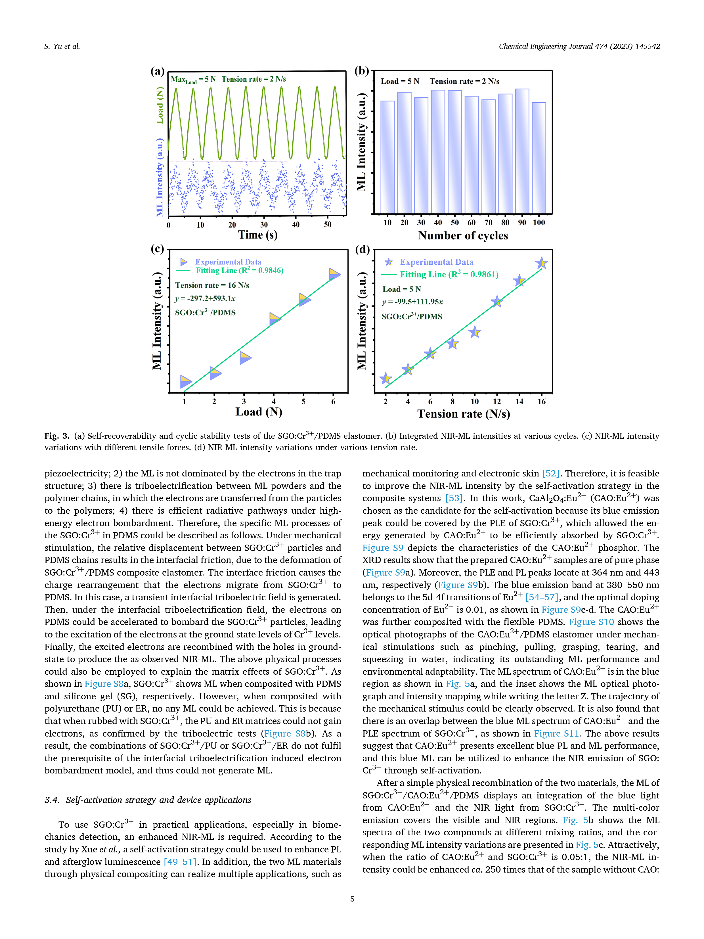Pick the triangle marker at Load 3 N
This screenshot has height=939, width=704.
(x=245, y=358)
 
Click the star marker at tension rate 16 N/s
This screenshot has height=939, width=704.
(x=541, y=263)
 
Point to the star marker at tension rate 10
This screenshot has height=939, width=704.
(x=474, y=332)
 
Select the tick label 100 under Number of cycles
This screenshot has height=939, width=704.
(x=539, y=222)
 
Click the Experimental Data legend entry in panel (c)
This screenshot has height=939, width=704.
(x=228, y=262)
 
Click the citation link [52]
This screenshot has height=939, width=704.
(x=550, y=473)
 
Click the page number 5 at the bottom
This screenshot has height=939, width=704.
(x=352, y=899)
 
